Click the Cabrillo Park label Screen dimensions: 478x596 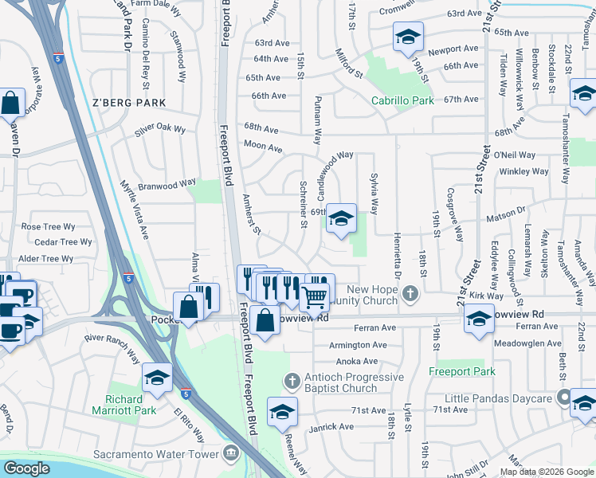click(402, 100)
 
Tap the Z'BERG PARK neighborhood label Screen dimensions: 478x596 click(128, 103)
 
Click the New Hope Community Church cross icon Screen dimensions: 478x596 click(410, 293)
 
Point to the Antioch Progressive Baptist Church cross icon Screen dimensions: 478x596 click(292, 380)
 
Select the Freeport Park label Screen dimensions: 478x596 click(461, 371)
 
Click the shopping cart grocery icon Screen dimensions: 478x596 click(315, 298)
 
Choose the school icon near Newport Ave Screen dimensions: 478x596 click(408, 37)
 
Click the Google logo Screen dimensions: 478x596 click(27, 468)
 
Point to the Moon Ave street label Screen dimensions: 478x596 click(263, 147)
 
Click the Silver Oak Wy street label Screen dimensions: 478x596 click(159, 129)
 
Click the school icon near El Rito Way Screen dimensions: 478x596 click(158, 378)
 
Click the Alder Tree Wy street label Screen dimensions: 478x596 click(45, 258)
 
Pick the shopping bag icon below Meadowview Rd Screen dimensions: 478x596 click(266, 320)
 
